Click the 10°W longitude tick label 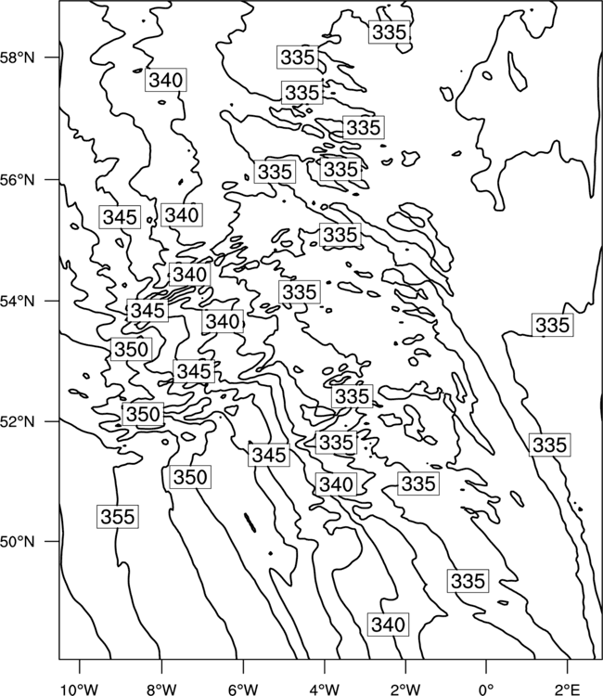pyautogui.click(x=80, y=690)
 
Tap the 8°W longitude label pyautogui.click(x=161, y=690)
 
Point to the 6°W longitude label pyautogui.click(x=243, y=690)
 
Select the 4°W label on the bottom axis pyautogui.click(x=324, y=690)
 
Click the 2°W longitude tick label pyautogui.click(x=405, y=690)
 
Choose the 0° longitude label pyautogui.click(x=486, y=690)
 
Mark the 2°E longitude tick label pyautogui.click(x=568, y=690)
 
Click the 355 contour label pyautogui.click(x=118, y=517)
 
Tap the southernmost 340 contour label pyautogui.click(x=389, y=625)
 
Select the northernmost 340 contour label pyautogui.click(x=166, y=80)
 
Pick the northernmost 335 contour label pyautogui.click(x=389, y=32)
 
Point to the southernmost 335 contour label pyautogui.click(x=468, y=581)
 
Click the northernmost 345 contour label pyautogui.click(x=120, y=217)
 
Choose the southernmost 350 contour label pyautogui.click(x=190, y=477)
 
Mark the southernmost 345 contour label pyautogui.click(x=269, y=455)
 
